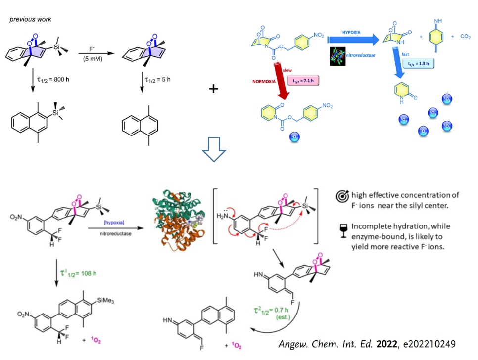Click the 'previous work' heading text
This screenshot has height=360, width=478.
(x=30, y=20)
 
